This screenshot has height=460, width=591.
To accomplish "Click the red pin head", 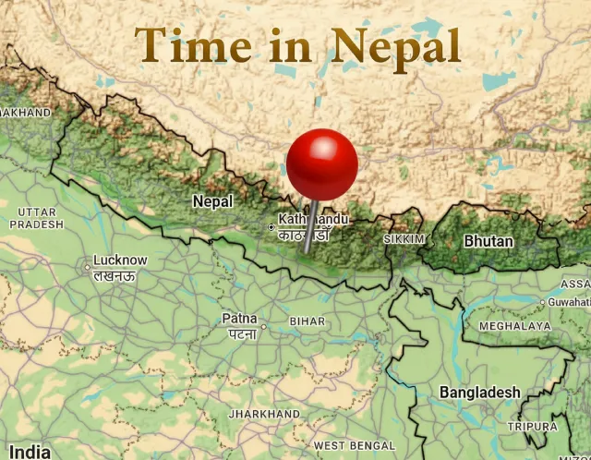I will coord(321,163).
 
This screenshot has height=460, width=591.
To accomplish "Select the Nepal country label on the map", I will coord(212,201).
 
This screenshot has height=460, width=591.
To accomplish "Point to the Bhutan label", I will coord(488,241).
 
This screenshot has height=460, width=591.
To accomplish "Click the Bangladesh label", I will coord(479,393).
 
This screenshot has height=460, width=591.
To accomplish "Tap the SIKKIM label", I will coord(404,239).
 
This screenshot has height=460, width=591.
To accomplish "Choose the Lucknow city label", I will coord(120,260).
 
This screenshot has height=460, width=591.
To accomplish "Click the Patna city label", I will coord(239,319).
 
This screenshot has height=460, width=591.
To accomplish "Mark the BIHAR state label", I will coord(308,321).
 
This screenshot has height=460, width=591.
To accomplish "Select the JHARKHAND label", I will coord(264,414).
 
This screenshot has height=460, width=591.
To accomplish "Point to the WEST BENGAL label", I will coord(354,446).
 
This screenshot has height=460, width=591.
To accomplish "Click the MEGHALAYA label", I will coord(514,326).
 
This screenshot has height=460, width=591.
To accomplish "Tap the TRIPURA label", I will coord(533,427).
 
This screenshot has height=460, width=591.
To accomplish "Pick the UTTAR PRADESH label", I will coord(37,218).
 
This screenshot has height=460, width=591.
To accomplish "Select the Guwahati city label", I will coord(569,302).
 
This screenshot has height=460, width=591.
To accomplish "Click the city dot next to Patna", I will coord(263,326).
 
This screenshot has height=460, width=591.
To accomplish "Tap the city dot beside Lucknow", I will coord(87,266).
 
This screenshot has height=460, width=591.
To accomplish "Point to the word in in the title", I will coord(290,46).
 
